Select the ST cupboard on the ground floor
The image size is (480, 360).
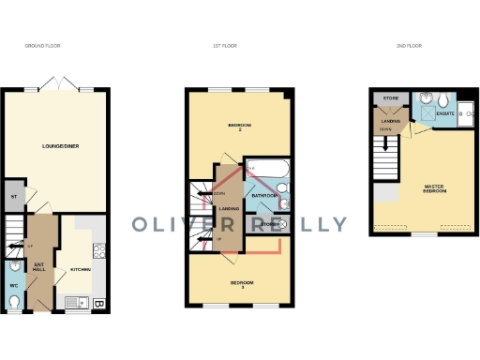tap(14, 196)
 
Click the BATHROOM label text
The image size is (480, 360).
tap(263, 197)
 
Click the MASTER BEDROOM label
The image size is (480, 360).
tap(433, 189)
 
